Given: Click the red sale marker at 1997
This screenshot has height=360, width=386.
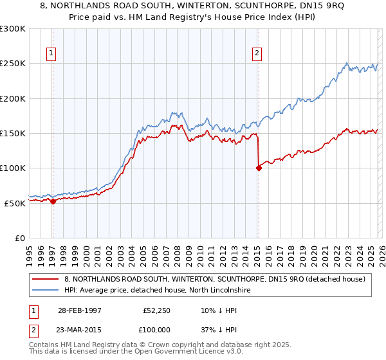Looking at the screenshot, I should click(x=53, y=201).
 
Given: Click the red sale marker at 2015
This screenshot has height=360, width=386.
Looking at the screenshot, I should click(x=259, y=168).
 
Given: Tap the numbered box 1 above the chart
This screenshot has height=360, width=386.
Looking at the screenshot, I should click(x=51, y=54).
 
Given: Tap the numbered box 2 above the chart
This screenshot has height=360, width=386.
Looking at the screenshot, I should click(x=257, y=54).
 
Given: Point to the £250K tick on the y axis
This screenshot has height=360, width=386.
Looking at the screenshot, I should click(x=14, y=64).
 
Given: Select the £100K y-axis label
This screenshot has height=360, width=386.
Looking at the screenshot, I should click(x=14, y=168).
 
